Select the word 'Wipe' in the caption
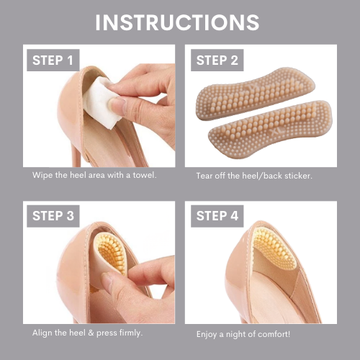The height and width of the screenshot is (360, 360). click(41, 175)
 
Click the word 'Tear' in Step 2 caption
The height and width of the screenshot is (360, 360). click(205, 176)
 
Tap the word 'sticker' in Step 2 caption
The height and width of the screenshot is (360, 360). click(296, 176)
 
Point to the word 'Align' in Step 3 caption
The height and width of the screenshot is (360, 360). click(42, 333)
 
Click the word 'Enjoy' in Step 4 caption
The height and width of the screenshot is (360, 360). click(207, 334)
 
